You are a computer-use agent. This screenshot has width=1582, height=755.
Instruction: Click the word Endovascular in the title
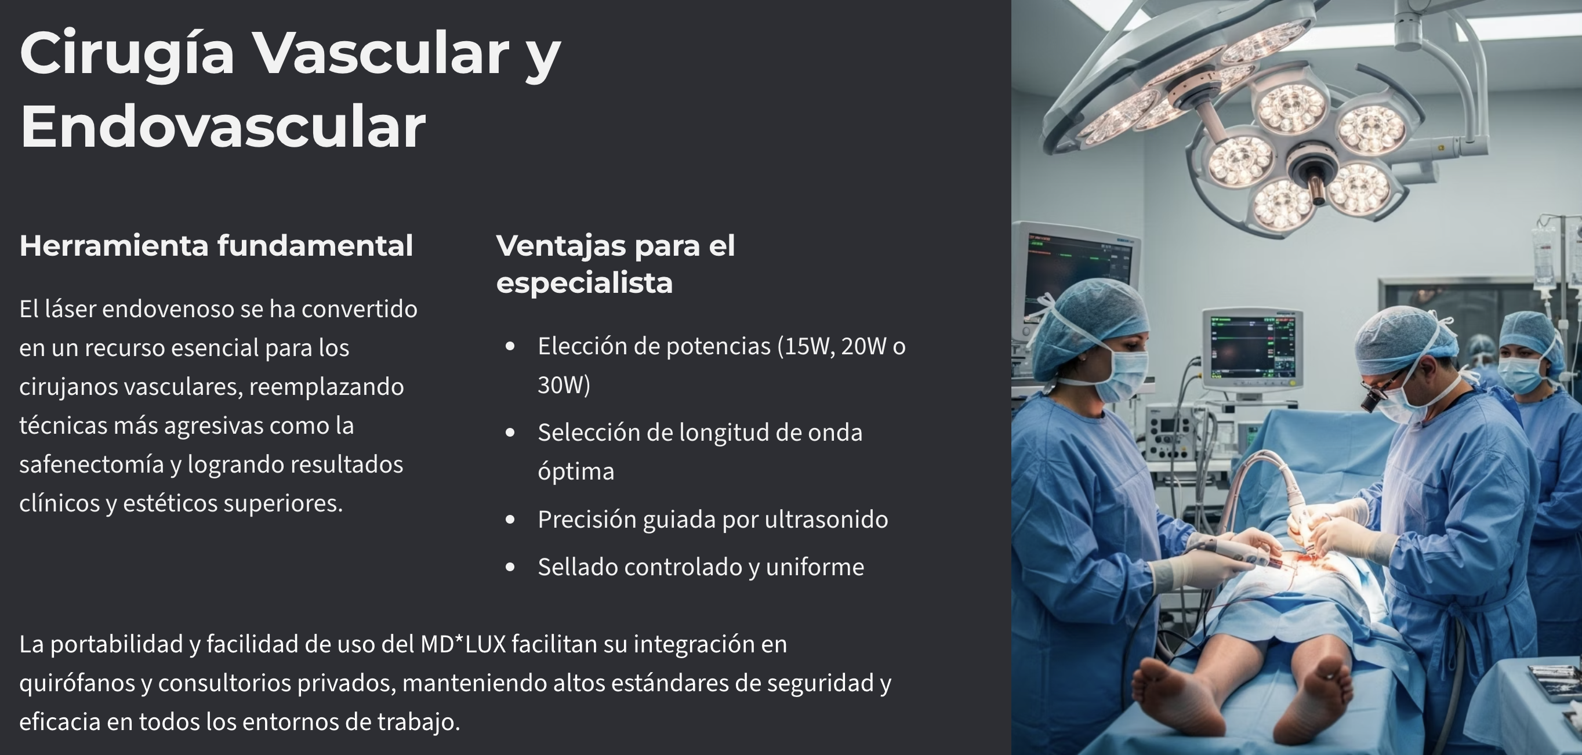222,126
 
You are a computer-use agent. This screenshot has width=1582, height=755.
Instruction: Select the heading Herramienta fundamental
216,246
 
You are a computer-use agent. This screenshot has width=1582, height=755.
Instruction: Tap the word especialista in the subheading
584,283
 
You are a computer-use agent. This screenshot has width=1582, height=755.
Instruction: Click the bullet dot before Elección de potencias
510,347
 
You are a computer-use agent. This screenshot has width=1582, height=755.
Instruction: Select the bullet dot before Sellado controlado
510,567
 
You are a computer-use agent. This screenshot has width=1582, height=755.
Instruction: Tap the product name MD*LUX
463,644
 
